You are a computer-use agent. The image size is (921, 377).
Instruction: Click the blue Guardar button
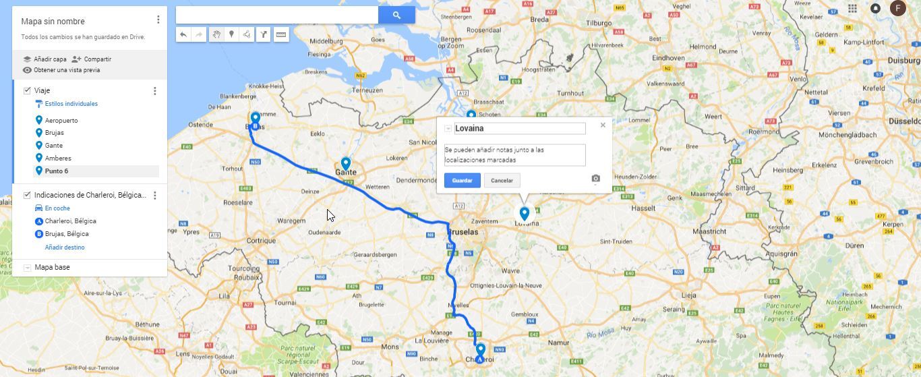tap(462, 180)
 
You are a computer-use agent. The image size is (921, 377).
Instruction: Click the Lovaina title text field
tap(519, 128)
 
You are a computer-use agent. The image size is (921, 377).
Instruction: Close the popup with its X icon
tap(603, 125)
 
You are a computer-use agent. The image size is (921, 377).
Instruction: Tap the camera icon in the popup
tap(595, 179)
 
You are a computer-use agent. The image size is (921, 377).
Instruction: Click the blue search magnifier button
tap(396, 15)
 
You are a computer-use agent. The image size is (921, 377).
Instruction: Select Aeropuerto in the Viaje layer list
tap(61, 120)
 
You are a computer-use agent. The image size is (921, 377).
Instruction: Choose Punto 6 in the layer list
tap(57, 171)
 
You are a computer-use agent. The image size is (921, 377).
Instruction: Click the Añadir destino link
tap(65, 248)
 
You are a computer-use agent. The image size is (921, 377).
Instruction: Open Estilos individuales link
tap(71, 104)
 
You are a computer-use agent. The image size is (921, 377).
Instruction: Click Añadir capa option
tap(50, 59)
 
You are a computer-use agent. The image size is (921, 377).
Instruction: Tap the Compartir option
tap(97, 59)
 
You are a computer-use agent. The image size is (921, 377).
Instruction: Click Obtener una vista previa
tap(66, 70)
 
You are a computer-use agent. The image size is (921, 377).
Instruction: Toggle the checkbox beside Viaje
tap(27, 90)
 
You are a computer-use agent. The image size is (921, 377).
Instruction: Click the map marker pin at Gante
tap(346, 163)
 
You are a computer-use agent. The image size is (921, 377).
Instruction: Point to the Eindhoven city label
tap(668, 58)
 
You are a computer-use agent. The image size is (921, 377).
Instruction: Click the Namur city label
tap(558, 343)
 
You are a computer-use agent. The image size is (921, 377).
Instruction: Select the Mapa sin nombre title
tap(53, 22)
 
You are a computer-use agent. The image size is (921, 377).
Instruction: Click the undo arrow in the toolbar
tap(183, 34)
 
